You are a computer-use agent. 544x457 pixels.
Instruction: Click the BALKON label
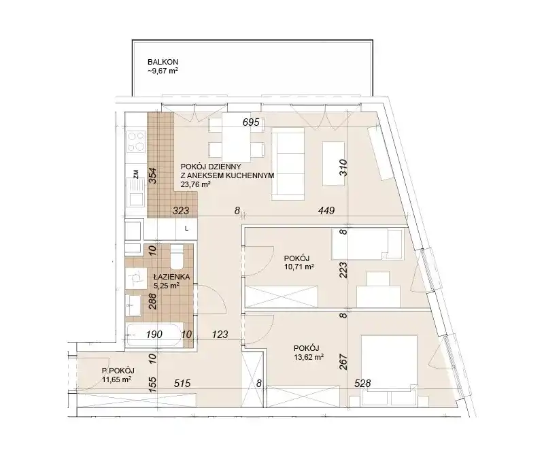(x=163, y=62)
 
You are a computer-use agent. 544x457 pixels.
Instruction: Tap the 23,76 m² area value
(x=196, y=184)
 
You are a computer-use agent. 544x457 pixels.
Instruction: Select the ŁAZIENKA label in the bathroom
(x=171, y=277)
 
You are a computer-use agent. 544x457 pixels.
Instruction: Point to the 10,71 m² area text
(x=299, y=267)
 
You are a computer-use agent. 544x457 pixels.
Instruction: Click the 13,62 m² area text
(x=309, y=357)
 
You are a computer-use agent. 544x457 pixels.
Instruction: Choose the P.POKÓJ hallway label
(x=118, y=370)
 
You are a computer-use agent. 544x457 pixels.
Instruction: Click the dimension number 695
(x=251, y=122)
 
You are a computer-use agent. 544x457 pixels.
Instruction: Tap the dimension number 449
(x=326, y=210)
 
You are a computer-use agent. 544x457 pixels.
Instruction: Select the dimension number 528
(x=362, y=383)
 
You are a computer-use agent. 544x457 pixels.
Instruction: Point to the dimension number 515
(x=182, y=383)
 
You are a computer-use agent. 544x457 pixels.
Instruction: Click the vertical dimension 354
(x=152, y=175)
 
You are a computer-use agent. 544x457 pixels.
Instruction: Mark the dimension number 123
(x=220, y=334)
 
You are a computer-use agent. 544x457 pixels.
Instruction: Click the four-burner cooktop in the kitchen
(x=135, y=141)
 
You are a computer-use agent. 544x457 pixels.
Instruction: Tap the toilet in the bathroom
(x=177, y=257)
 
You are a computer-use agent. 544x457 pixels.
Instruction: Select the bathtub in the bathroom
(x=154, y=335)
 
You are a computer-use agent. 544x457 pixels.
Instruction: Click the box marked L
(x=186, y=228)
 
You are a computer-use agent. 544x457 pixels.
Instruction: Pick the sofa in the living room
(x=288, y=164)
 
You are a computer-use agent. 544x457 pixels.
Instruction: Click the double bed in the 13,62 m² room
(x=388, y=370)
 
